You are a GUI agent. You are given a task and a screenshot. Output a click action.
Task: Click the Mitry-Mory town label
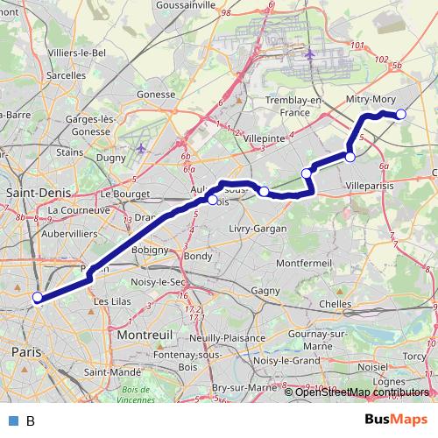point(371,101)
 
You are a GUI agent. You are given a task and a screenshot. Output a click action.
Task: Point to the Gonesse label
point(157,94)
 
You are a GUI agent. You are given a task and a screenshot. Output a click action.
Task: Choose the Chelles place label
point(336,303)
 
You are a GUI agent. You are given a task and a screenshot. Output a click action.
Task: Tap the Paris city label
point(25,351)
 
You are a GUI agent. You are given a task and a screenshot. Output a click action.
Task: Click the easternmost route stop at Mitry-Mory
point(401,115)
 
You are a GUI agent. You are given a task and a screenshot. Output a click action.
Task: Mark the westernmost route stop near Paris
point(38,298)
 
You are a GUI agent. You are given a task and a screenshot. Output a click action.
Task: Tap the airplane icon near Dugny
point(142,148)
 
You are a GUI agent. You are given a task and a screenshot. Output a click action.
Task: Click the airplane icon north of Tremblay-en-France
point(310,54)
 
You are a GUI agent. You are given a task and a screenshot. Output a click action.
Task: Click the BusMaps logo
point(397,420)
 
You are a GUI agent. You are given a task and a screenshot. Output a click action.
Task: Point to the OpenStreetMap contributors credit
point(359,392)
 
